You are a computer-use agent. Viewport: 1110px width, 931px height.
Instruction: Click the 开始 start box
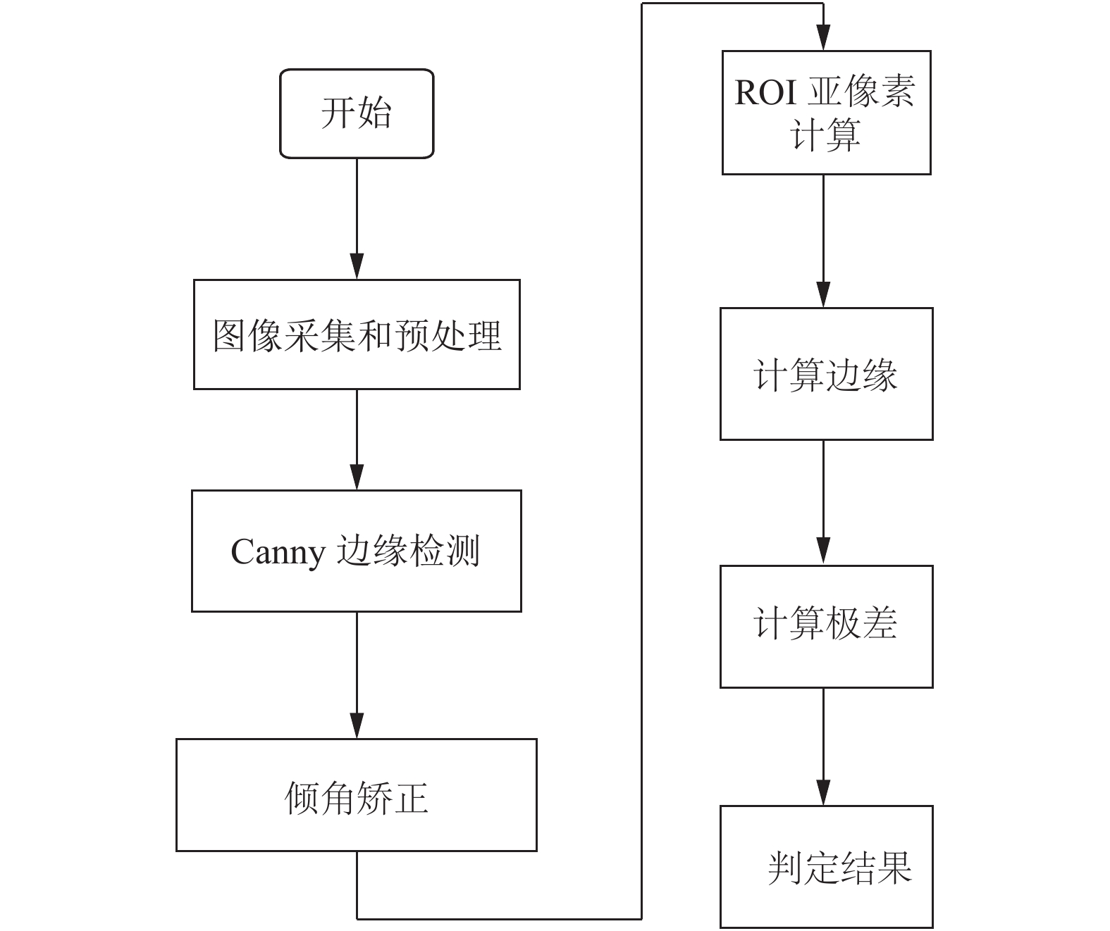357,113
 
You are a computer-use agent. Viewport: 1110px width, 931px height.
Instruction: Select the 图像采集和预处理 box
357,335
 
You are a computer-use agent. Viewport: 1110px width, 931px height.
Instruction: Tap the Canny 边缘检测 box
357,551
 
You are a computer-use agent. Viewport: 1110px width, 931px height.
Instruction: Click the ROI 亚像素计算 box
826,113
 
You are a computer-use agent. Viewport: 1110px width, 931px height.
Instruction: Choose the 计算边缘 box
826,373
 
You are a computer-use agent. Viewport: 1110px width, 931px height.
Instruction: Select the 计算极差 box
826,627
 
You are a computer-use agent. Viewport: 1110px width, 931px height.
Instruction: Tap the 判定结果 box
826,867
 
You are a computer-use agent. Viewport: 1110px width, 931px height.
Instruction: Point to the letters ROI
765,92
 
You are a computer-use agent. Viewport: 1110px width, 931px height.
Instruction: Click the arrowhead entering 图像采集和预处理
357,266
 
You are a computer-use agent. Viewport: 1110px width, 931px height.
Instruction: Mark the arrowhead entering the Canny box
357,477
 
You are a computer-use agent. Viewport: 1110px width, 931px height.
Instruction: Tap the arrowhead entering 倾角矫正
357,725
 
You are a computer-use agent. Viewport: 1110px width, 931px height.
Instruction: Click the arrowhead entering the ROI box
823,37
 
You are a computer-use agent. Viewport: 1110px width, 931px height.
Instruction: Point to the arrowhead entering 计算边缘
823,294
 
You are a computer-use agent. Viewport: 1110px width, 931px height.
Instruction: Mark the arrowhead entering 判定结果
823,792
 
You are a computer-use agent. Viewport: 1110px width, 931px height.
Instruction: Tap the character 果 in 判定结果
895,868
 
